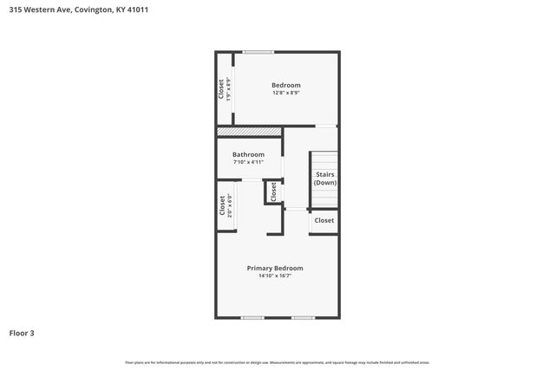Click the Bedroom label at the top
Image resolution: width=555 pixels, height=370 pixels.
tap(286, 85)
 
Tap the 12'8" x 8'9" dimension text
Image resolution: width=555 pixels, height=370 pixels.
tap(286, 93)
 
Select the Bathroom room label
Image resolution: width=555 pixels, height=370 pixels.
tap(248, 154)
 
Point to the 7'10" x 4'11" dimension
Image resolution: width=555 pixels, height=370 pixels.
tap(248, 162)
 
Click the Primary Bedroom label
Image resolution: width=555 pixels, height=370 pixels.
tap(274, 268)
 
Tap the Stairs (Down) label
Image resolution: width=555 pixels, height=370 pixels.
tap(325, 179)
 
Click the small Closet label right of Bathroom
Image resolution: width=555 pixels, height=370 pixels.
tap(273, 191)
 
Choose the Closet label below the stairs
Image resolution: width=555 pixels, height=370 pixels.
tap(324, 221)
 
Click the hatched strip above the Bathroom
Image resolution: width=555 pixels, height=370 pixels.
tap(249, 132)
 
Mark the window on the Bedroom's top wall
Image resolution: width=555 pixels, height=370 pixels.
tap(258, 53)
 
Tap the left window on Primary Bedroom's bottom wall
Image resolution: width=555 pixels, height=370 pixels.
tap(252, 318)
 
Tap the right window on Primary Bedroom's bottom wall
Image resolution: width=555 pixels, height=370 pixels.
tap(303, 318)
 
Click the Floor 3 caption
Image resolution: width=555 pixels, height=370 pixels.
tap(22, 333)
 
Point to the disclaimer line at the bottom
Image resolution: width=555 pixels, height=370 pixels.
tap(277, 362)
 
